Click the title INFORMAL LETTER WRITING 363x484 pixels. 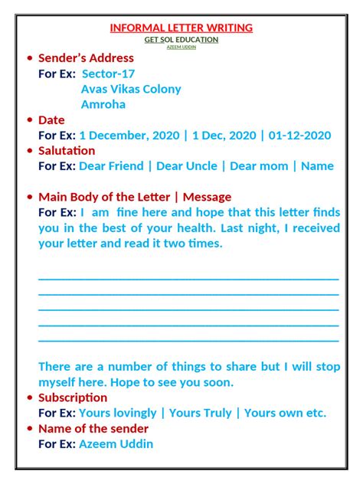tap(181, 28)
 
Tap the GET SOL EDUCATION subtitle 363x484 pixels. tap(181, 39)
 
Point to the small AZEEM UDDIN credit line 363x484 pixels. tap(181, 47)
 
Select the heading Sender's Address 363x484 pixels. tap(86, 58)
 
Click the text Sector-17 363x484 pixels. tap(108, 74)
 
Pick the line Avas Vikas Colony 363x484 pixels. tap(131, 89)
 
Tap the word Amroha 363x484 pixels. tap(103, 104)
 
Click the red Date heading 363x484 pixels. tap(51, 120)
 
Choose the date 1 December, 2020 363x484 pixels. tap(129, 136)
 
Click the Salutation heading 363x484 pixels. tap(67, 151)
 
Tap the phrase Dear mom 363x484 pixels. tap(259, 166)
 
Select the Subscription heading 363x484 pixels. tap(73, 397)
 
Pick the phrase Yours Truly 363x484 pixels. tap(200, 413)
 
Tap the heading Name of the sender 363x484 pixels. tap(93, 429)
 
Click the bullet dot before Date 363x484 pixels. tap(29, 120)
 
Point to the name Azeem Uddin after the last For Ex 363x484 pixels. tap(116, 444)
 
